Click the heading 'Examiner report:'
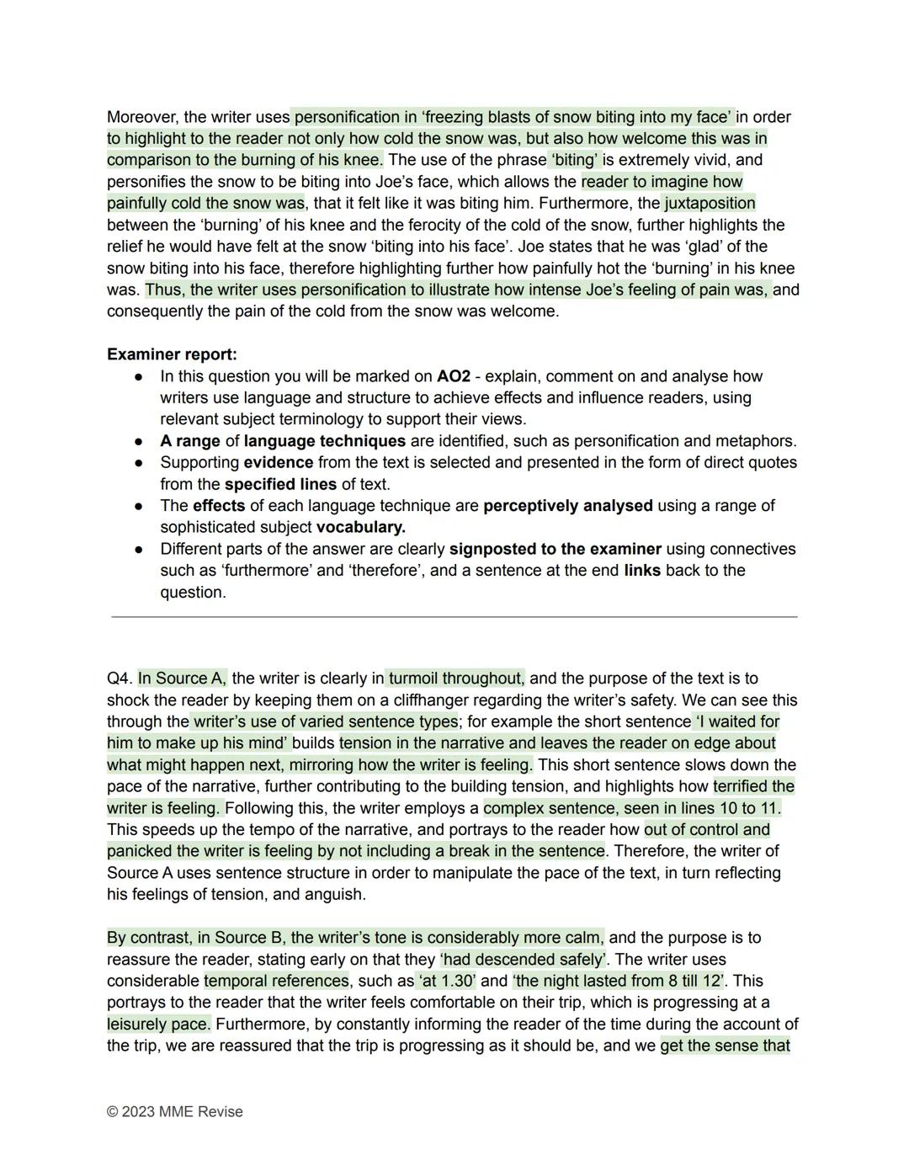pyautogui.click(x=172, y=354)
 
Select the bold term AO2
pyautogui.click(x=453, y=376)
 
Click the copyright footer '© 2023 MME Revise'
pyautogui.click(x=174, y=1111)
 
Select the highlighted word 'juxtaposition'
pyautogui.click(x=710, y=203)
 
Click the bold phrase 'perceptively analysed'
pyautogui.click(x=567, y=506)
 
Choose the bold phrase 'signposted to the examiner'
pyautogui.click(x=555, y=549)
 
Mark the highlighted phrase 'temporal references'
pyautogui.click(x=276, y=981)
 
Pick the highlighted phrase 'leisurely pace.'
pyautogui.click(x=158, y=1024)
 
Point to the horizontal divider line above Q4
pyautogui.click(x=454, y=617)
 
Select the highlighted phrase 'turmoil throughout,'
pyautogui.click(x=456, y=678)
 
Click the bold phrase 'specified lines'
pyautogui.click(x=280, y=484)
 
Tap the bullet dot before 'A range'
pyautogui.click(x=138, y=441)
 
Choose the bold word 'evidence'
pyautogui.click(x=278, y=462)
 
